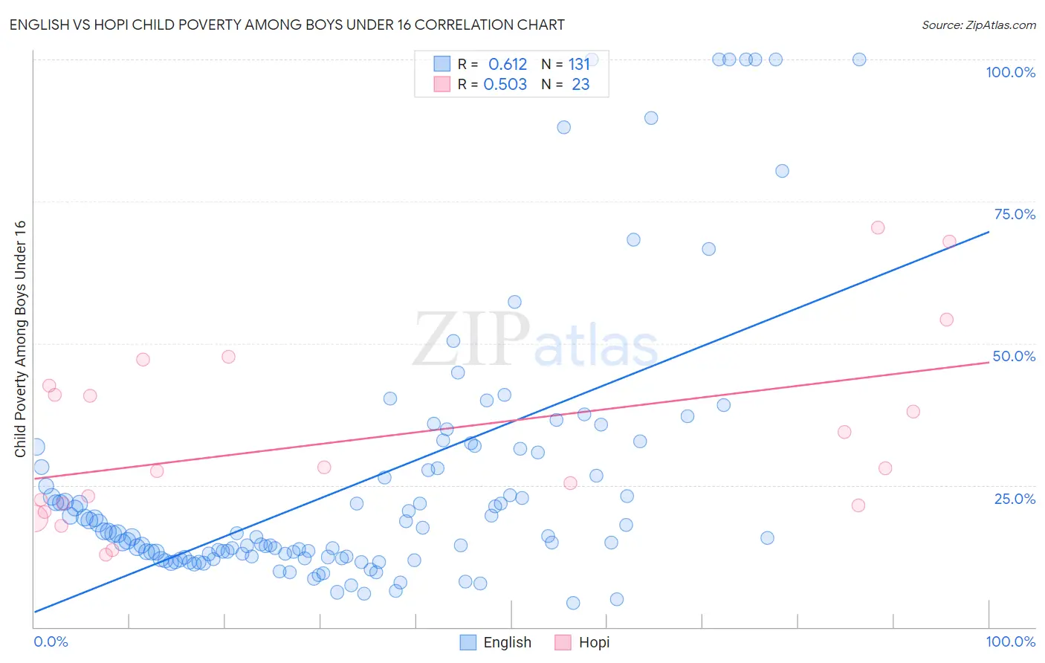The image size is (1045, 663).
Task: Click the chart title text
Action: tap(287, 25)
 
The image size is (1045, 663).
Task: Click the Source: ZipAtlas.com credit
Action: tap(978, 25)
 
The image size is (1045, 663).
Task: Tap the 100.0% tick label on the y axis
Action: tap(1010, 72)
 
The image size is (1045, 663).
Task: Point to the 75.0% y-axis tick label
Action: tap(1015, 214)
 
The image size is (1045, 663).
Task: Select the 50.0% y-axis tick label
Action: tap(1014, 356)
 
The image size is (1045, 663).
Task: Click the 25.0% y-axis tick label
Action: tap(1015, 498)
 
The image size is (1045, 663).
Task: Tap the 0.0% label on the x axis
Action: tap(51, 641)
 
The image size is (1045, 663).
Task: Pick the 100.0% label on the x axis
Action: tap(1010, 641)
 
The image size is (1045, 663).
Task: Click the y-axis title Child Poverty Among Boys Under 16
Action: tap(20, 339)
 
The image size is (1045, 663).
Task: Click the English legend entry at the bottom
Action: tap(496, 642)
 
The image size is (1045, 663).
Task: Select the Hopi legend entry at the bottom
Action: tap(582, 642)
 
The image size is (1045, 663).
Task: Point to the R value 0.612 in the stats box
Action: tap(508, 65)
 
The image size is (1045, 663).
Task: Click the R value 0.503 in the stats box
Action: tap(505, 85)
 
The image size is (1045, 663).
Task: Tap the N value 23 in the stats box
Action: tap(580, 85)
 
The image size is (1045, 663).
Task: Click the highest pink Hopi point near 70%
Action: tap(878, 227)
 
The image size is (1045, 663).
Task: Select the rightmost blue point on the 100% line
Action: tap(859, 59)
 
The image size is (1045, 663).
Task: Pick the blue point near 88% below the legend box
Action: tap(564, 127)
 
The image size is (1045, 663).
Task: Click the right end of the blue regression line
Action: tap(989, 232)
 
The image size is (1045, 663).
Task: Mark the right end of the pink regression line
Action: tap(989, 362)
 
